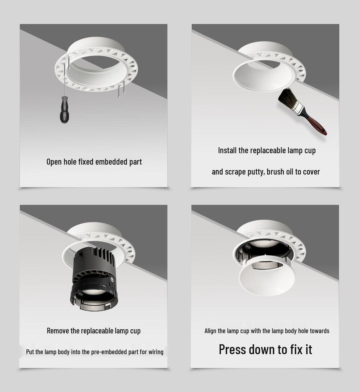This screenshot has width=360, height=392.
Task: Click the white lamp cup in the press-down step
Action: click(267, 276)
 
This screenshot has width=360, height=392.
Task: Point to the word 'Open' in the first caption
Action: click(54, 162)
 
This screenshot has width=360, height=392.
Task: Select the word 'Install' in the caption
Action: click(227, 150)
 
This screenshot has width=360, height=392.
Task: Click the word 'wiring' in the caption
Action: click(155, 352)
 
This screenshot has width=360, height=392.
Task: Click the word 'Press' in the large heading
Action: click(232, 350)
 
